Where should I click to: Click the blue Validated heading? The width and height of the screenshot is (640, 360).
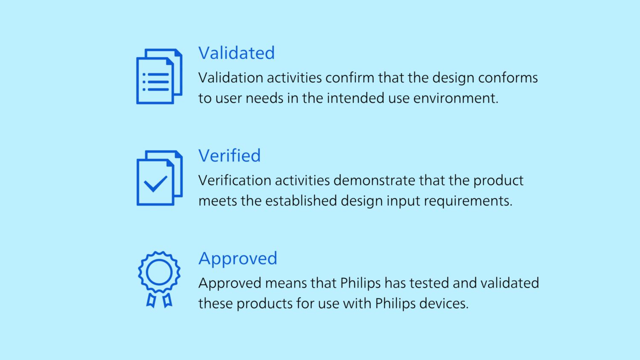pyautogui.click(x=236, y=53)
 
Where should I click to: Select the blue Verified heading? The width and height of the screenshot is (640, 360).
pyautogui.click(x=230, y=155)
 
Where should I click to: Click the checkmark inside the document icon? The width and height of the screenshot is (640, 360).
pyautogui.click(x=155, y=184)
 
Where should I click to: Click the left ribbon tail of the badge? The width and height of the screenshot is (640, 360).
pyautogui.click(x=151, y=301)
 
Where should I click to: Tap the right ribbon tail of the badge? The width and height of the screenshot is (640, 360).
pyautogui.click(x=167, y=301)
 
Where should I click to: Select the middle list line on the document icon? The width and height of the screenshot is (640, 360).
pyautogui.click(x=156, y=82)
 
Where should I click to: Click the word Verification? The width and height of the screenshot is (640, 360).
pyautogui.click(x=235, y=180)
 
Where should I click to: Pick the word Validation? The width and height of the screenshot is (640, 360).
pyautogui.click(x=231, y=78)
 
